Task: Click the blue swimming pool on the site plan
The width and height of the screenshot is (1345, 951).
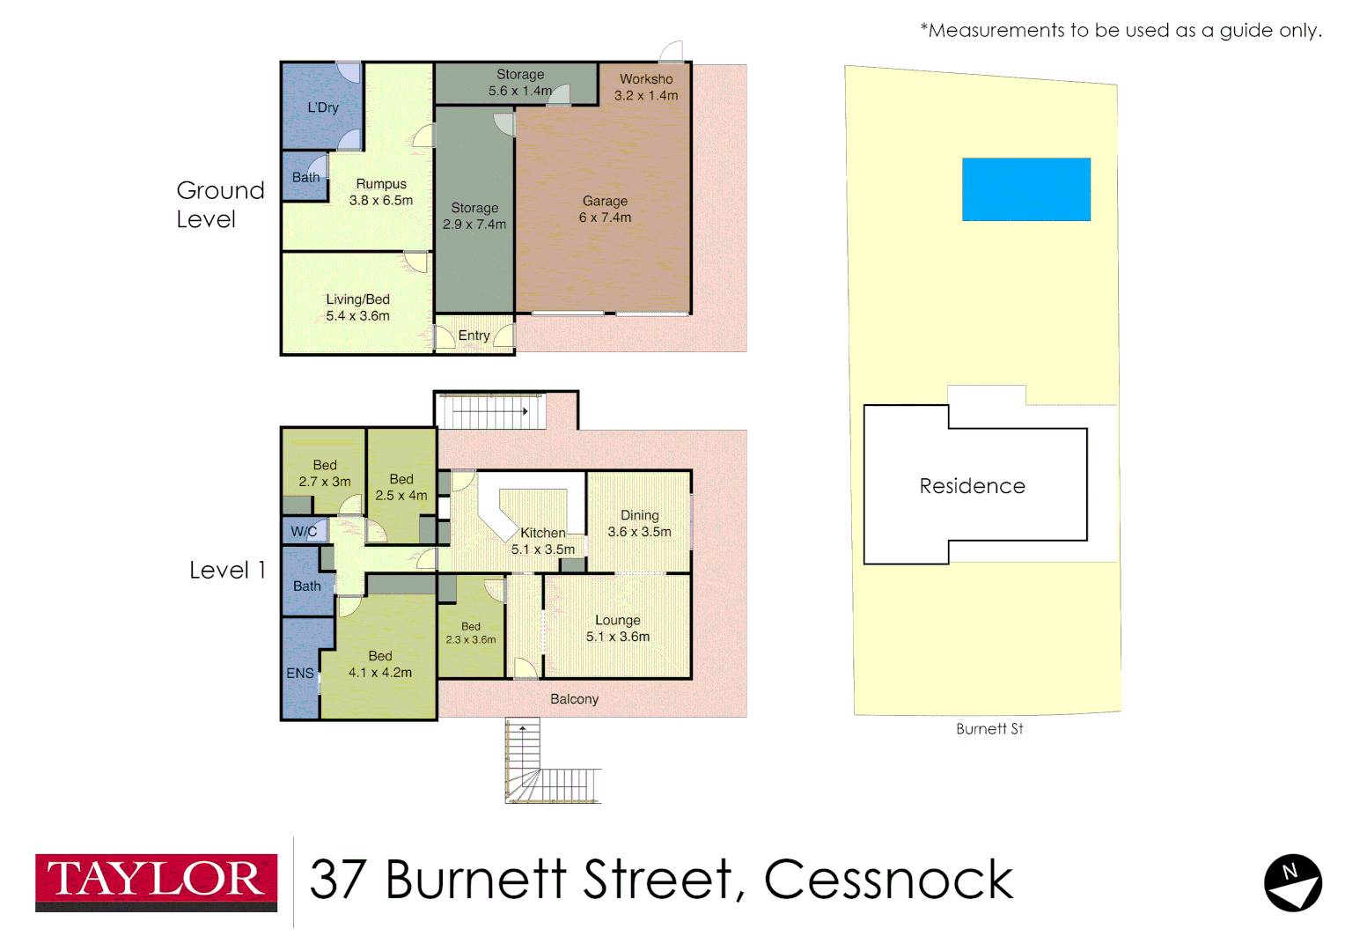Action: [x=1026, y=189]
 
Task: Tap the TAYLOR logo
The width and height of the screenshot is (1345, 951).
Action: [x=156, y=881]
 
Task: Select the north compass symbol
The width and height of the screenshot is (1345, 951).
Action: [x=1292, y=882]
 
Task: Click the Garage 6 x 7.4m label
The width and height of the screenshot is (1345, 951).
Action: [x=605, y=210]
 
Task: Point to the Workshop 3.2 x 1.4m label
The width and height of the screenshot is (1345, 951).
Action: [x=646, y=87]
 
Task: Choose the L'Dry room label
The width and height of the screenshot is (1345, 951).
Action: [x=323, y=107]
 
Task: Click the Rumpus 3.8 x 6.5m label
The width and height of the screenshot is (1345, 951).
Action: [x=381, y=192]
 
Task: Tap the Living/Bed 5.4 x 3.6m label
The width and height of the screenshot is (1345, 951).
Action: [x=357, y=307]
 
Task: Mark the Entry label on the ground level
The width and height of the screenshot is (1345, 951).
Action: [x=474, y=335]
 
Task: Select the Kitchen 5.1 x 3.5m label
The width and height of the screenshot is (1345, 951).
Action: [x=543, y=541]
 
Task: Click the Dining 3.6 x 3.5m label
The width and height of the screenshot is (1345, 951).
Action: [x=639, y=523]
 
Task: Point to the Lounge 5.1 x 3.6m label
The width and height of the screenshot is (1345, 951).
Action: [x=618, y=628]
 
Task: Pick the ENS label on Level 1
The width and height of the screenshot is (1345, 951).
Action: [x=300, y=673]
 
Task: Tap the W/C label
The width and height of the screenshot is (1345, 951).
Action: [x=304, y=531]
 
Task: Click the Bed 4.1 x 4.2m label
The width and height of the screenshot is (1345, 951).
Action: [x=380, y=664]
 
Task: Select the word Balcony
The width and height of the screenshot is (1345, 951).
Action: [x=574, y=699]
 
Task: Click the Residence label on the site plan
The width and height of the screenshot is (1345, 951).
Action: [x=972, y=486]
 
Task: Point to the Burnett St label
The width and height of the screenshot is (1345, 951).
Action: [x=989, y=729]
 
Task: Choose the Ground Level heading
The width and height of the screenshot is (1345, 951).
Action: [x=220, y=204]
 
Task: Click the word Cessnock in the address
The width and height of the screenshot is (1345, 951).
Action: [x=888, y=880]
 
